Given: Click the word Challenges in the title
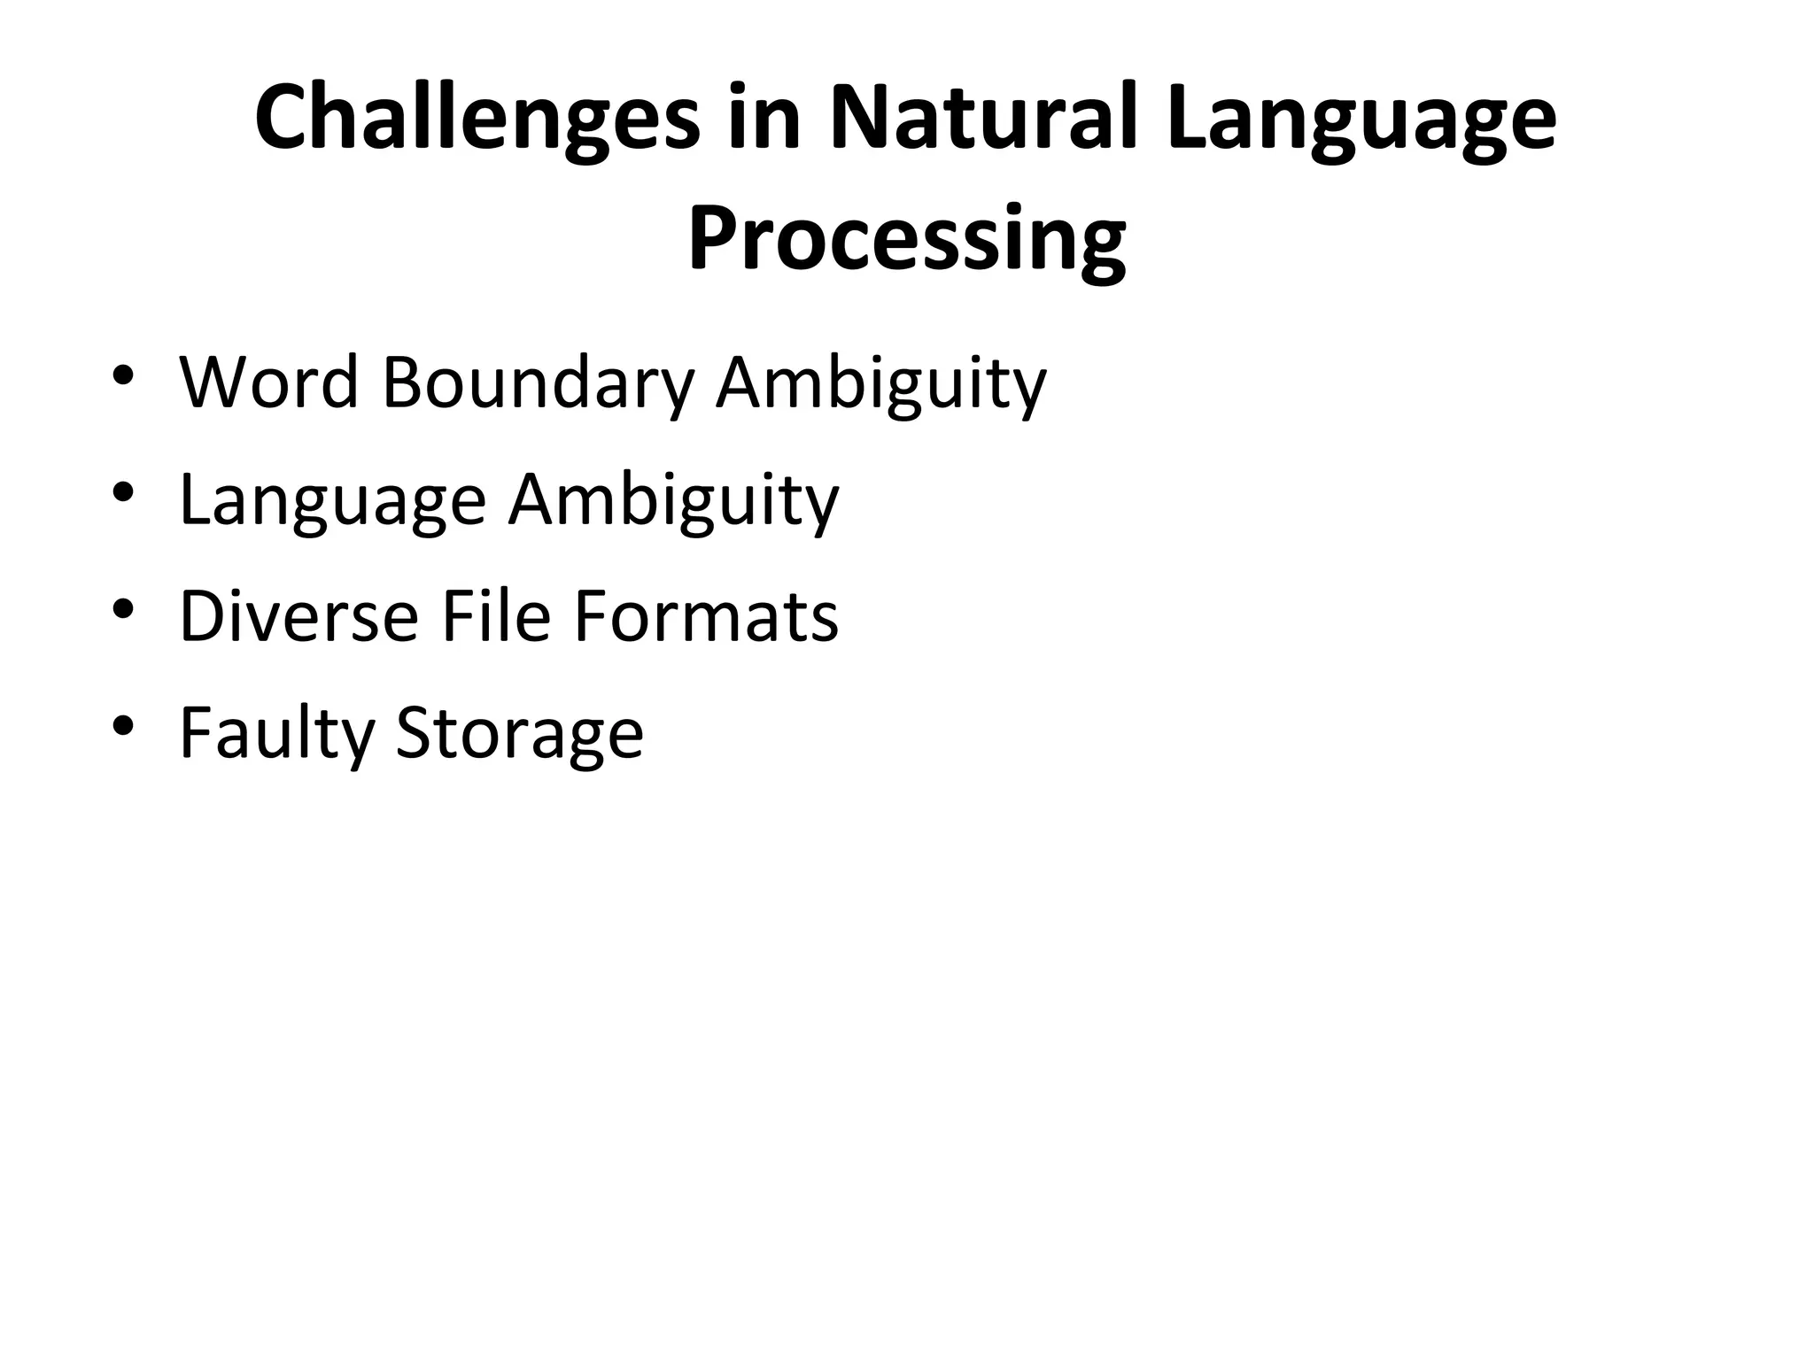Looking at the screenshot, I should pos(477,119).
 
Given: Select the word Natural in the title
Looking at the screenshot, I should pos(983,119).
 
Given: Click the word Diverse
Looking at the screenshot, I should pos(298,616).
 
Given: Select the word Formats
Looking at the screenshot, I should pos(706,616).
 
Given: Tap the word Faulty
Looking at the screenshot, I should pos(277,734).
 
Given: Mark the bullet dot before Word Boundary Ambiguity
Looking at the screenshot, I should pos(123,375).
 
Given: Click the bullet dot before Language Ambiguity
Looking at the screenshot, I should pos(123,491).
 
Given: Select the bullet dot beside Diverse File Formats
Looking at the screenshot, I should pos(123,608).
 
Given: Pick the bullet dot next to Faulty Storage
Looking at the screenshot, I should pos(123,725).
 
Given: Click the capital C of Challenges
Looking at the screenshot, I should pos(284,119).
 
